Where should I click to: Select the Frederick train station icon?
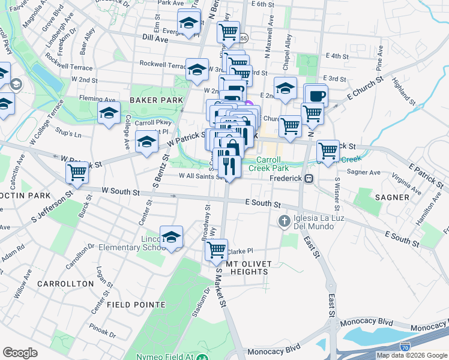pos(309,178)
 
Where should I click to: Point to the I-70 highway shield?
pos(405,347)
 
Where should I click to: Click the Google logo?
pos(20,353)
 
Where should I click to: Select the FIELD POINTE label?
pos(136,304)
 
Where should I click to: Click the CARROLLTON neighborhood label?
pos(65,283)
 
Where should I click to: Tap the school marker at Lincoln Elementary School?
pos(171,237)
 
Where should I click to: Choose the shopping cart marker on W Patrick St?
pos(77,172)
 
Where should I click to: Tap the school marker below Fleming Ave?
pos(109,113)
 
